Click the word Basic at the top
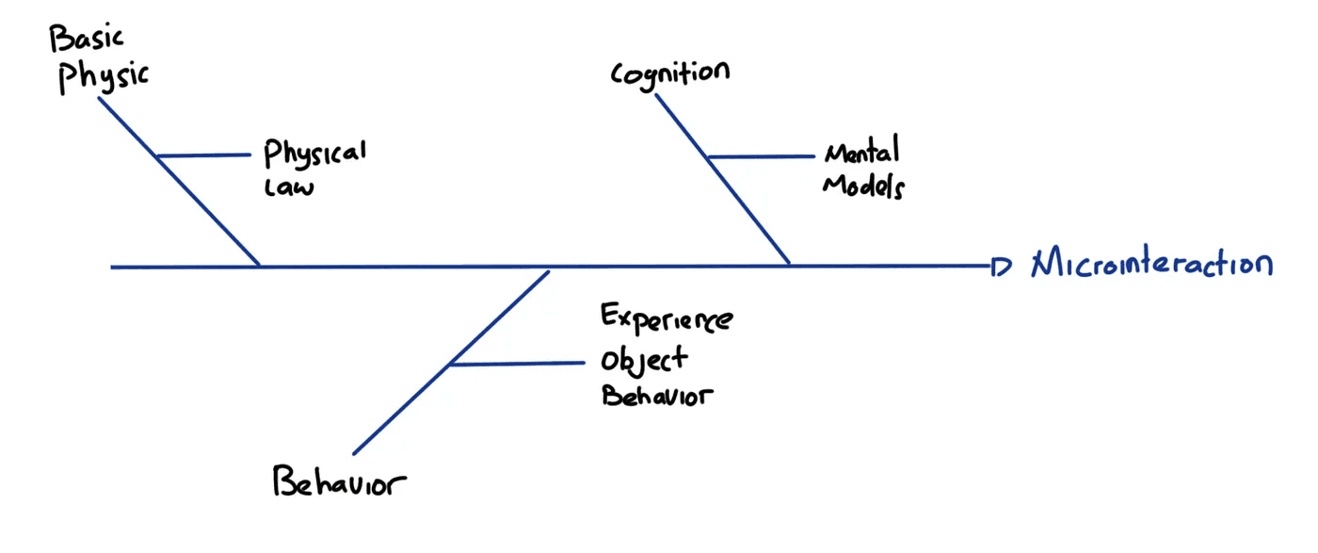[87, 41]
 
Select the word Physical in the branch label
[314, 154]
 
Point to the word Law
[288, 187]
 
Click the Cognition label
[669, 73]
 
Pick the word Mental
[861, 152]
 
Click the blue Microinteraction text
[1151, 264]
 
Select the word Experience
[667, 320]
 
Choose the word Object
[645, 360]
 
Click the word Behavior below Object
[657, 396]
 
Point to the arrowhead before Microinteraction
[1001, 268]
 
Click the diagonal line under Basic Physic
[179, 180]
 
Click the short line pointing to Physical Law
[203, 155]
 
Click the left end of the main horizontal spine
[114, 268]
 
